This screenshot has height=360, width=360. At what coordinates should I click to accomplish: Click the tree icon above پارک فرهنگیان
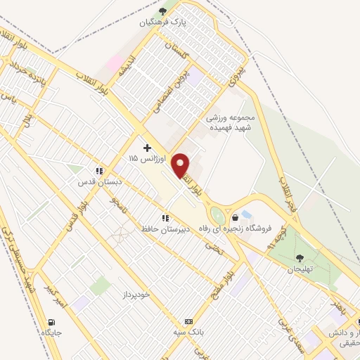pos(163,11)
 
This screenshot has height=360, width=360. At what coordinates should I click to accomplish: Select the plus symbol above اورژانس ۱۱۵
pos(147,148)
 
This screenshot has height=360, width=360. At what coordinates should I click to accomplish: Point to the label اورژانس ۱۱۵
pos(143,159)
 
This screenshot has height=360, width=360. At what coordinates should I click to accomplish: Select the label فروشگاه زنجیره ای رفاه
pos(245,230)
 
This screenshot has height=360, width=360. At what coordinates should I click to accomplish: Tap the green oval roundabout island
pos(218,216)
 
